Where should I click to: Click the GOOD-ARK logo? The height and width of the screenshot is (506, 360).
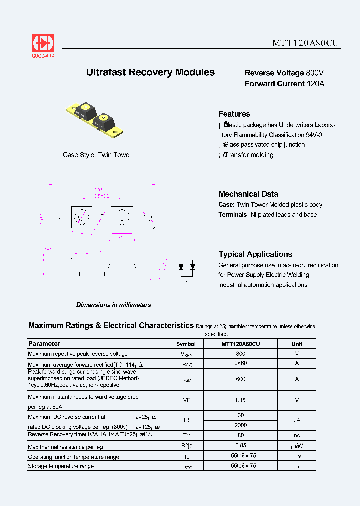click(43, 46)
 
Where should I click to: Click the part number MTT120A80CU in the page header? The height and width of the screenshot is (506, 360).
click(306, 43)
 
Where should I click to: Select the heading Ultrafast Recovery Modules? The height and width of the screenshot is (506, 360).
click(150, 72)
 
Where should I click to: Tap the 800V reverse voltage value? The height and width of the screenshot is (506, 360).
click(315, 73)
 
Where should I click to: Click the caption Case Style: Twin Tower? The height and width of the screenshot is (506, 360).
click(97, 155)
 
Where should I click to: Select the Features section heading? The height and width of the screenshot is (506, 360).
click(234, 114)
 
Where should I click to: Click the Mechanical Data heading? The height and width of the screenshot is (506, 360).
click(248, 194)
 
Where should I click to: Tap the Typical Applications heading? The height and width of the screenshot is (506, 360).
click(255, 254)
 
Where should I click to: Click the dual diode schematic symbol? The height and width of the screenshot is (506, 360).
click(187, 270)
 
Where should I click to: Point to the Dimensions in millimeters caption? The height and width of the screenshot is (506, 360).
click(113, 305)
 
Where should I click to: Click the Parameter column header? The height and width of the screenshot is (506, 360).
click(44, 344)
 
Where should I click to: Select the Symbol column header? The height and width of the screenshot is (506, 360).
click(186, 344)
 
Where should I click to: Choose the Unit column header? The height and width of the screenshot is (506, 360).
click(297, 344)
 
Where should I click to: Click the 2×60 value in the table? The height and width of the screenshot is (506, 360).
click(240, 364)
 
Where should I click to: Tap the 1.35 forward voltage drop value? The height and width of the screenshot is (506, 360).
click(240, 400)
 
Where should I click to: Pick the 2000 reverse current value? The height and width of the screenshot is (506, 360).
click(240, 425)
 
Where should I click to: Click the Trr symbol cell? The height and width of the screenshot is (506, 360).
click(186, 435)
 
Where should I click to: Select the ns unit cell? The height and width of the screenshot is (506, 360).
click(297, 435)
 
